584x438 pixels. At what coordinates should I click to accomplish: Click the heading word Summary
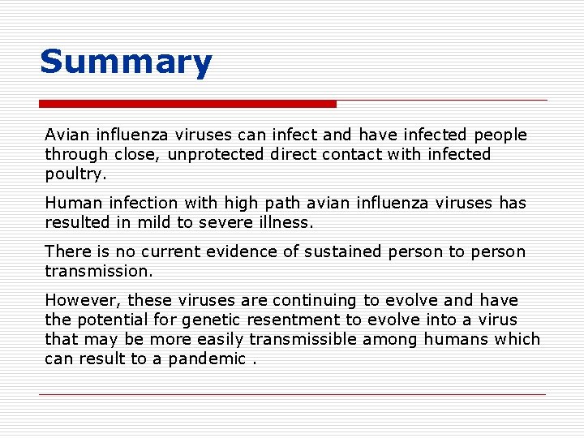[126, 62]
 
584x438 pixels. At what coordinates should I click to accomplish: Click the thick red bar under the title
[187, 104]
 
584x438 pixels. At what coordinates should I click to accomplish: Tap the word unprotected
[215, 154]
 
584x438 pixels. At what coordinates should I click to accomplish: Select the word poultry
[75, 174]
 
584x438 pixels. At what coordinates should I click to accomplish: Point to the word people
[500, 135]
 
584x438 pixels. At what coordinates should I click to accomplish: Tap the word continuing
[315, 300]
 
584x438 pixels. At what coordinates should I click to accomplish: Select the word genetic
[211, 320]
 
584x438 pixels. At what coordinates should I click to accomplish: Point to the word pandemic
[207, 359]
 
